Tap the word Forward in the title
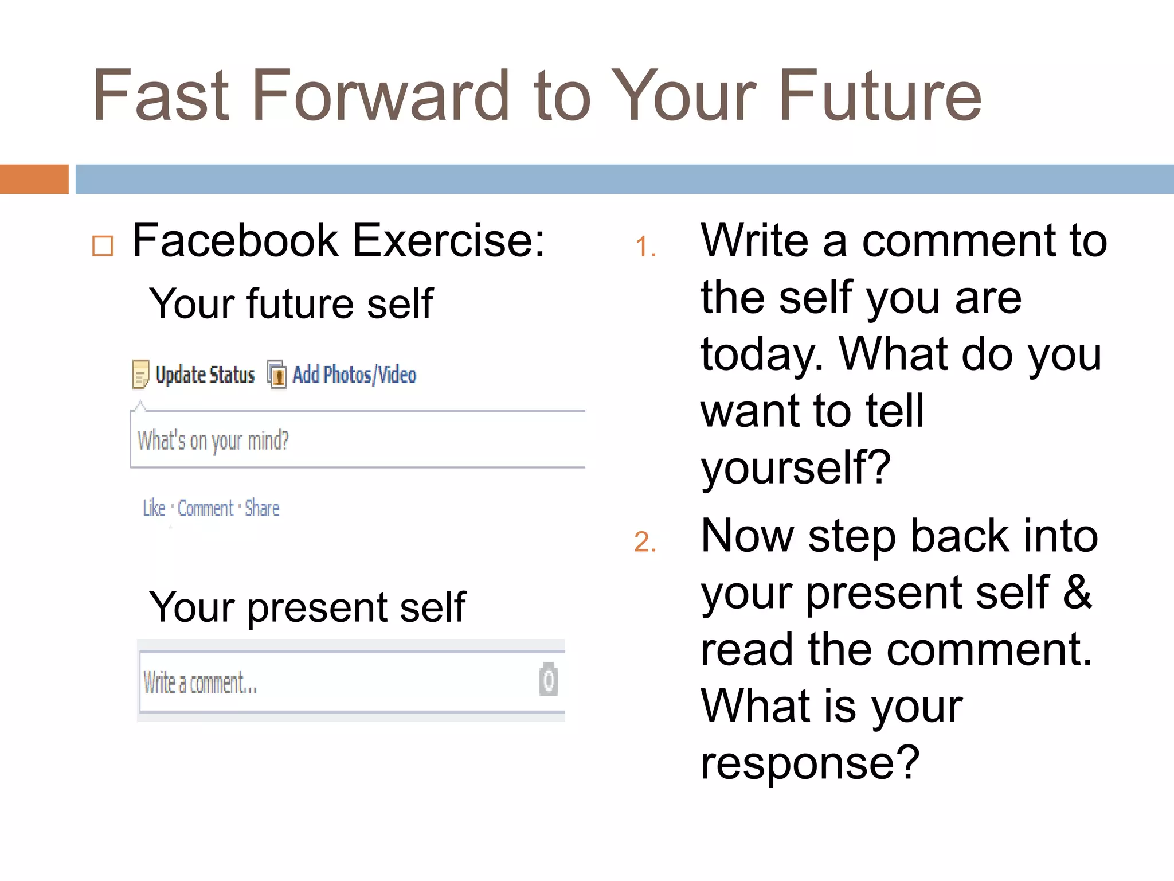tap(380, 96)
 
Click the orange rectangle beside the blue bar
tap(34, 179)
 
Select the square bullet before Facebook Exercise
tap(103, 246)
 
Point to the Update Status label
tap(205, 375)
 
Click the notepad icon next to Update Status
tap(140, 375)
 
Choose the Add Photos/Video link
tap(354, 375)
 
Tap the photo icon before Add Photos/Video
tap(277, 375)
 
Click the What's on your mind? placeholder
tap(213, 441)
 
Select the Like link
tap(154, 508)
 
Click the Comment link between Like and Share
tap(205, 508)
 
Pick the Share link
tap(262, 508)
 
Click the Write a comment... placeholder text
tap(199, 683)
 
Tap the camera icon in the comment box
tap(548, 680)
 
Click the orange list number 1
tap(644, 247)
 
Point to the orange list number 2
tap(644, 542)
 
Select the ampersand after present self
tap(1077, 592)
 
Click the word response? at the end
tap(810, 763)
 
